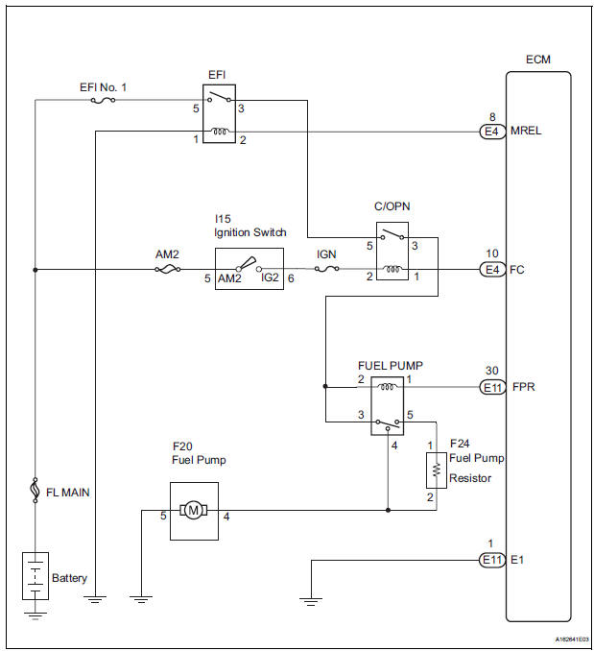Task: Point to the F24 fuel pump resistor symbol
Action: [x=438, y=470]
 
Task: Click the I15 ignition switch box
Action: [x=249, y=270]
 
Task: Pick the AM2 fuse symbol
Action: [x=164, y=270]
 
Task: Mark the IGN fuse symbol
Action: [x=328, y=270]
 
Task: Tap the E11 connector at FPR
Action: [x=492, y=388]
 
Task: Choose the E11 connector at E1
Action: [x=492, y=559]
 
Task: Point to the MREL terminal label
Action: [x=527, y=133]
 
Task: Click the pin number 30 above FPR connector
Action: [x=492, y=370]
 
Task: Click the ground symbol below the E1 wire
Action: [x=309, y=599]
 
